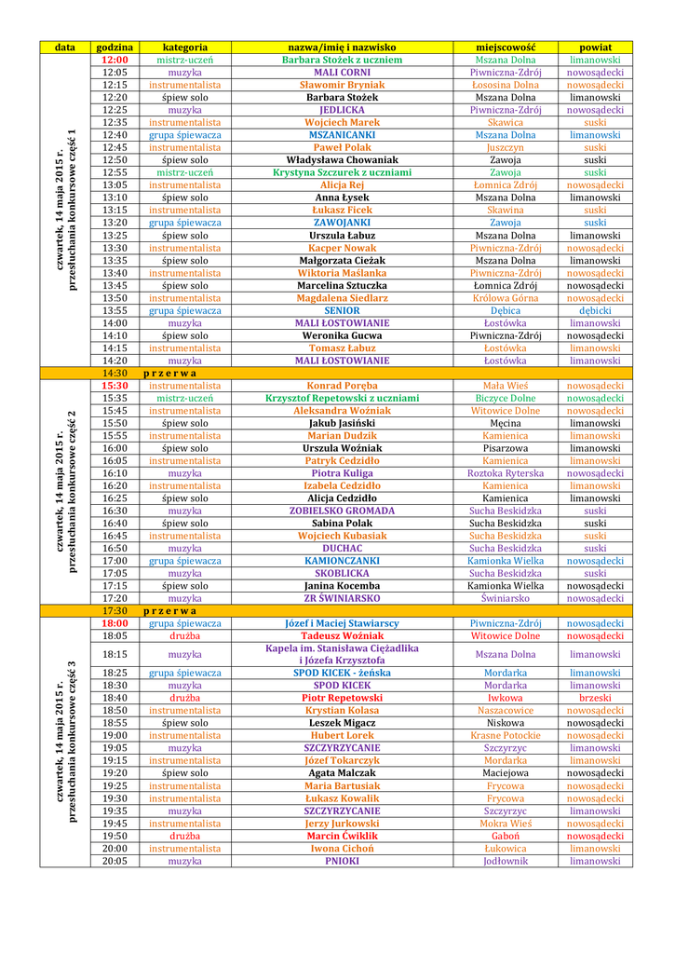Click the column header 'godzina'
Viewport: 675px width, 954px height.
tap(115, 47)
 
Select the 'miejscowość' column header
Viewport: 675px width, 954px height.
tap(506, 47)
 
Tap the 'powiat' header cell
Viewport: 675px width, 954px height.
tap(595, 47)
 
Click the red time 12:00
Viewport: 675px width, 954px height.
tap(115, 60)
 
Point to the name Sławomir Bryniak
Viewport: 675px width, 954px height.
tap(342, 85)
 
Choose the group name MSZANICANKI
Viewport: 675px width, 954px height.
tap(342, 135)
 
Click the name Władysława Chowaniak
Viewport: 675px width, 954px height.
tap(342, 160)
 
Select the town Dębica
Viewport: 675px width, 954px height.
tap(506, 310)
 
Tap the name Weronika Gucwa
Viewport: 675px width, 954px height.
tap(342, 335)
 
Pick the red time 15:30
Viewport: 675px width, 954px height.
tap(115, 386)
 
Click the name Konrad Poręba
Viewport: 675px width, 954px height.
tap(342, 386)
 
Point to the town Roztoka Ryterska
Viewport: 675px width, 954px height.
tap(506, 473)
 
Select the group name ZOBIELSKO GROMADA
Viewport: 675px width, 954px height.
tap(342, 511)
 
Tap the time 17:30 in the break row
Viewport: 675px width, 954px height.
tap(115, 610)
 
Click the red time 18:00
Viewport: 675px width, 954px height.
tap(115, 623)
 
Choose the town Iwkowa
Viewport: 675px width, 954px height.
tap(506, 698)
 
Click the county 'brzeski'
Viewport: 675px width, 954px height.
tap(595, 698)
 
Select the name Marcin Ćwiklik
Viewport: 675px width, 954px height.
tap(342, 836)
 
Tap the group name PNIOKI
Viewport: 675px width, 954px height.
tap(342, 861)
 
